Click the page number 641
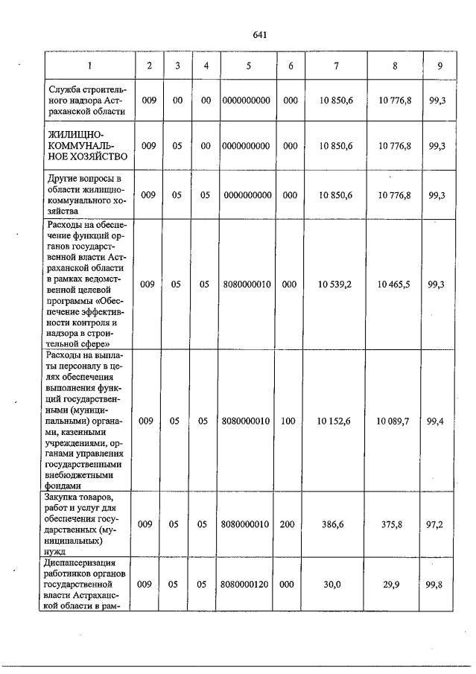coord(259,35)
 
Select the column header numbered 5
coord(249,66)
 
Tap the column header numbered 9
coord(440,66)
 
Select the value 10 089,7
coord(394,421)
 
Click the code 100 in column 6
coord(290,421)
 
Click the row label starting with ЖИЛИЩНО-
coord(87,145)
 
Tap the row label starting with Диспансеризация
coord(87,584)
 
